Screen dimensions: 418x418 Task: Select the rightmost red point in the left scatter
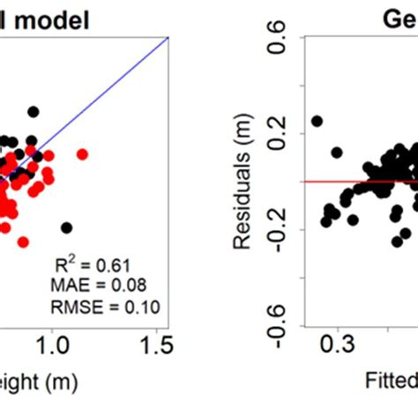[82, 154]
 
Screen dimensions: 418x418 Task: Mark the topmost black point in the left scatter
[33, 112]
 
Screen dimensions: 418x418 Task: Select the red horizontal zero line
[353, 182]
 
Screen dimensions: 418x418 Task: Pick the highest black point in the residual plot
[317, 121]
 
